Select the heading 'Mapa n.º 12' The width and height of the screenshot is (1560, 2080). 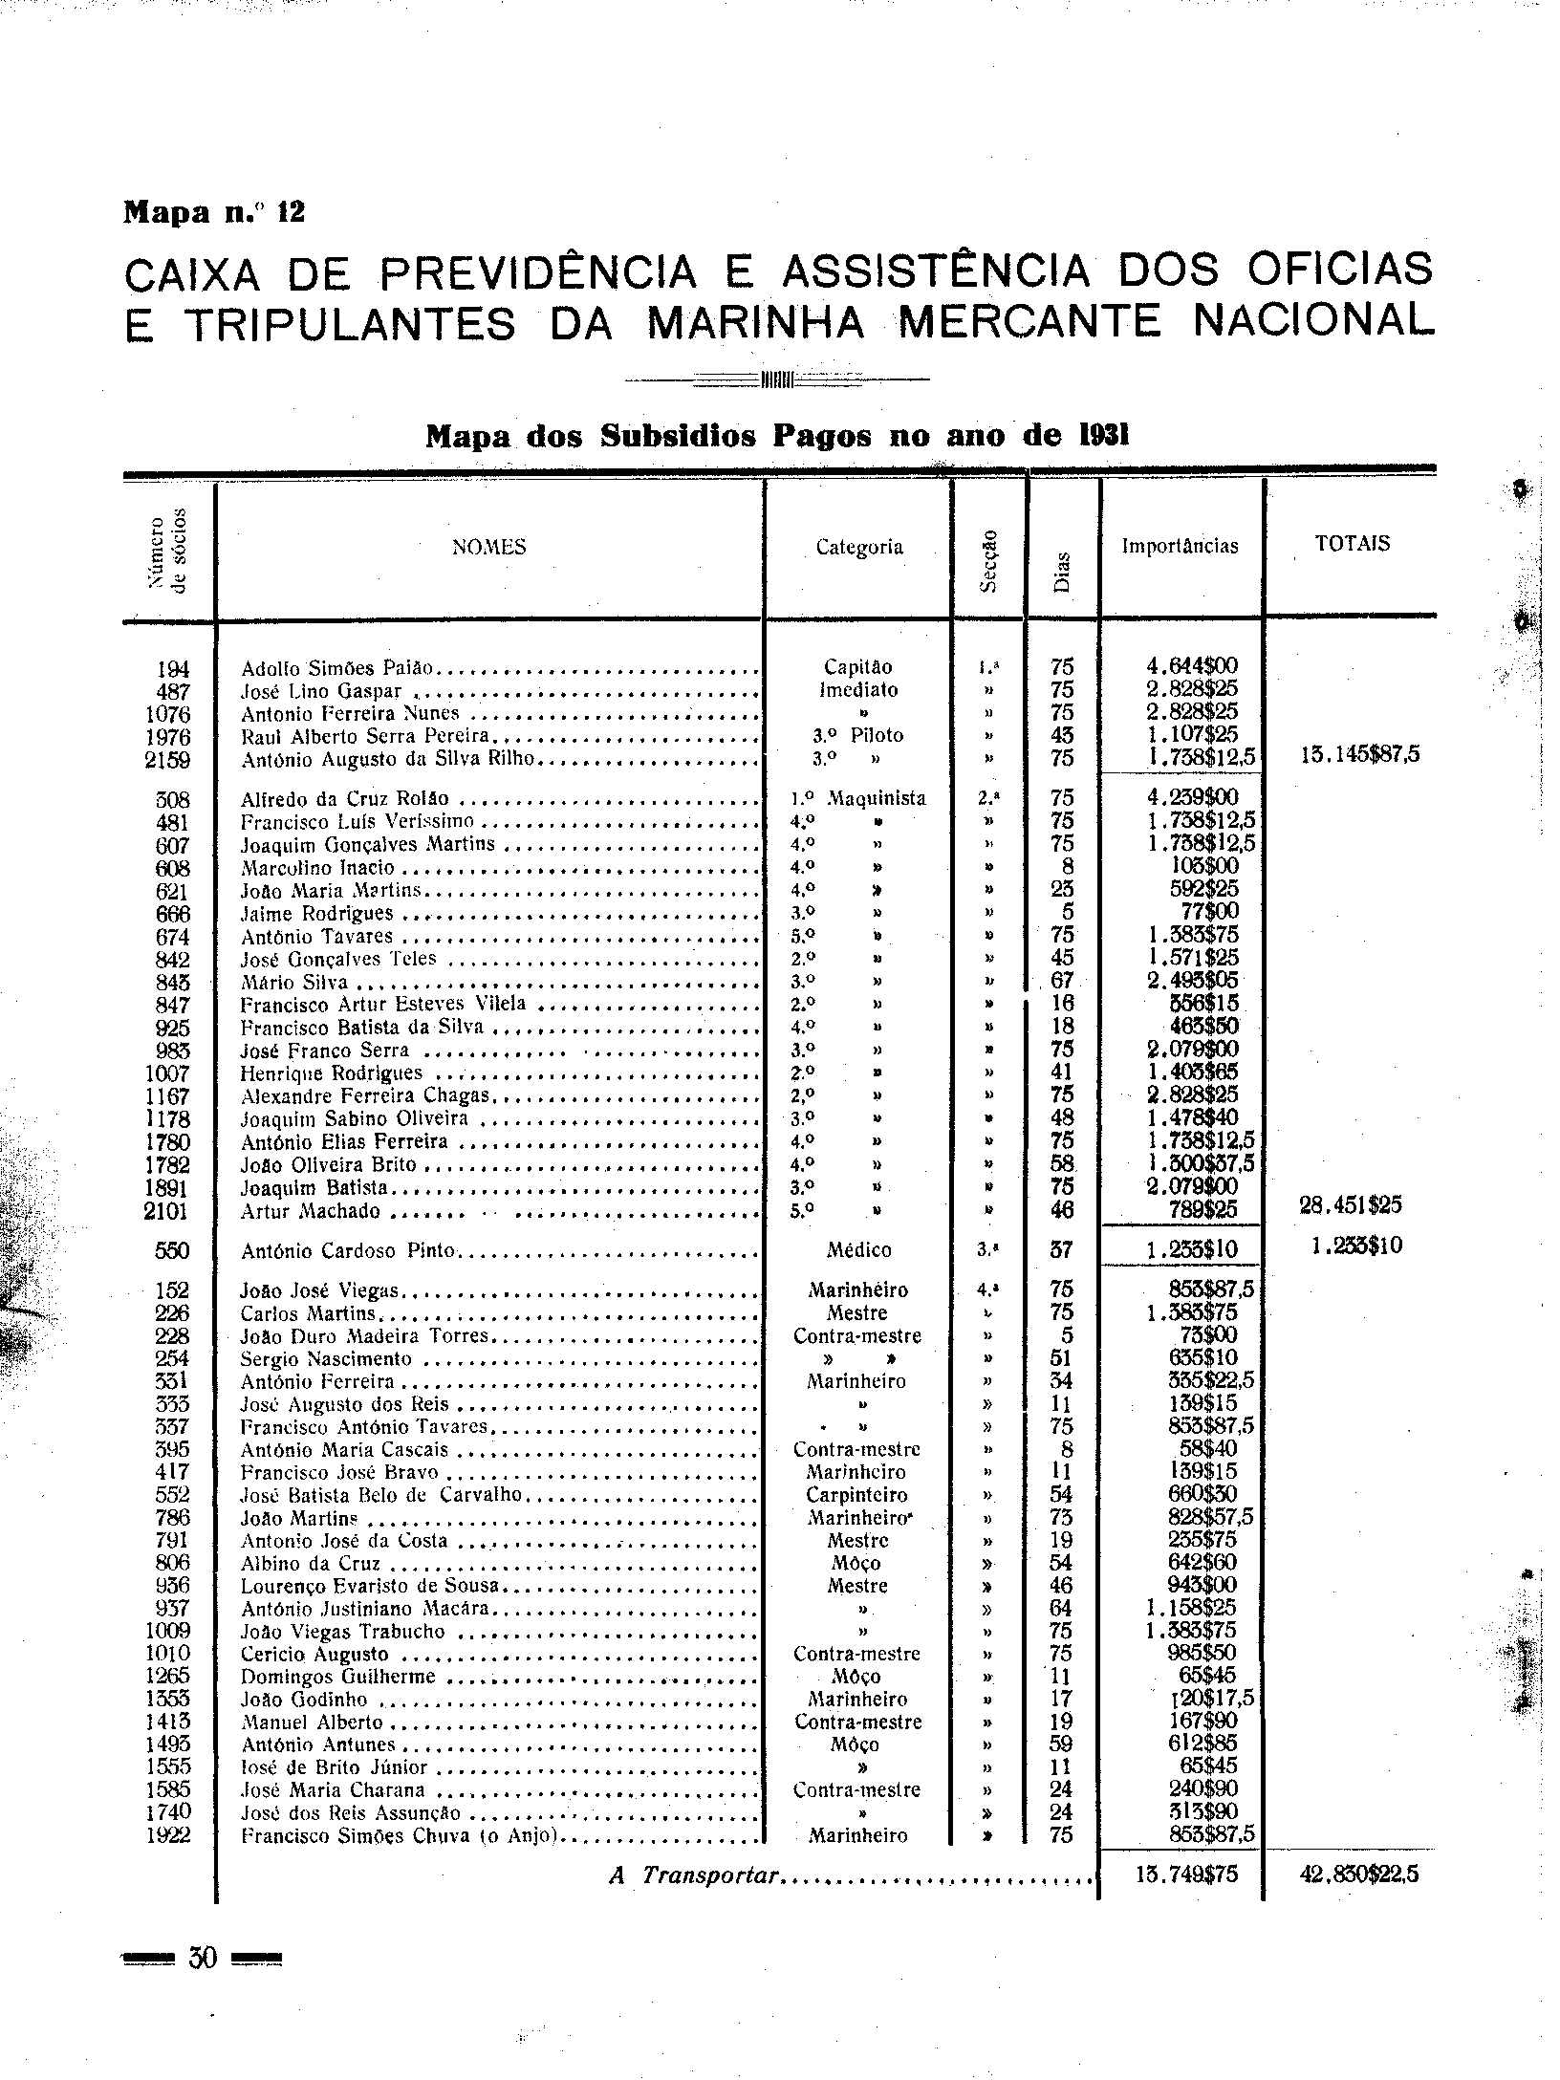214,211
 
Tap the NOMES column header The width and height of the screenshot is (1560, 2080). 488,548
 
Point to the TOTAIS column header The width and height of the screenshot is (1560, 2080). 1351,545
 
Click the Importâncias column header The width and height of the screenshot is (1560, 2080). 1181,547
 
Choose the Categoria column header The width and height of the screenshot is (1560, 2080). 858,548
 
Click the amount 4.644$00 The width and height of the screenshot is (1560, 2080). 1192,667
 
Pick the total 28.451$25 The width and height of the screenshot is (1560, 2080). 1351,1205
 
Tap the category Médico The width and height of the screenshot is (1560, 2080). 858,1250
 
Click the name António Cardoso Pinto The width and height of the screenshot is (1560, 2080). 350,1251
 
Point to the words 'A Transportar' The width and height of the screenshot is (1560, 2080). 695,1875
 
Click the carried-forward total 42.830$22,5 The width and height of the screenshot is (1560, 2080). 1359,1875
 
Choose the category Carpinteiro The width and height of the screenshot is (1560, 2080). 857,1495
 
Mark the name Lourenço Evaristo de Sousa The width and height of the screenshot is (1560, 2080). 371,1586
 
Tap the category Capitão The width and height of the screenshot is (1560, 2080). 857,667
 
